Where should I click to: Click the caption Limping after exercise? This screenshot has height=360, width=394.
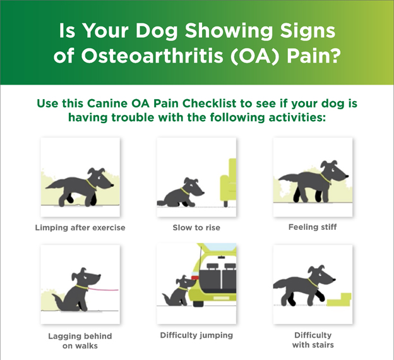click(80, 227)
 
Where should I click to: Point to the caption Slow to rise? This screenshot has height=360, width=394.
click(196, 227)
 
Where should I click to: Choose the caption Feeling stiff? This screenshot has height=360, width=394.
click(312, 227)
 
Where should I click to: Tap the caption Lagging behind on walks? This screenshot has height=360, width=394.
click(80, 340)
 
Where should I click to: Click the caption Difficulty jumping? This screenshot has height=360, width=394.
click(196, 335)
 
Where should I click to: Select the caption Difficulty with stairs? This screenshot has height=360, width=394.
click(312, 340)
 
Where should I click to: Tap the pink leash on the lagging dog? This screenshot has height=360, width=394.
click(104, 289)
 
